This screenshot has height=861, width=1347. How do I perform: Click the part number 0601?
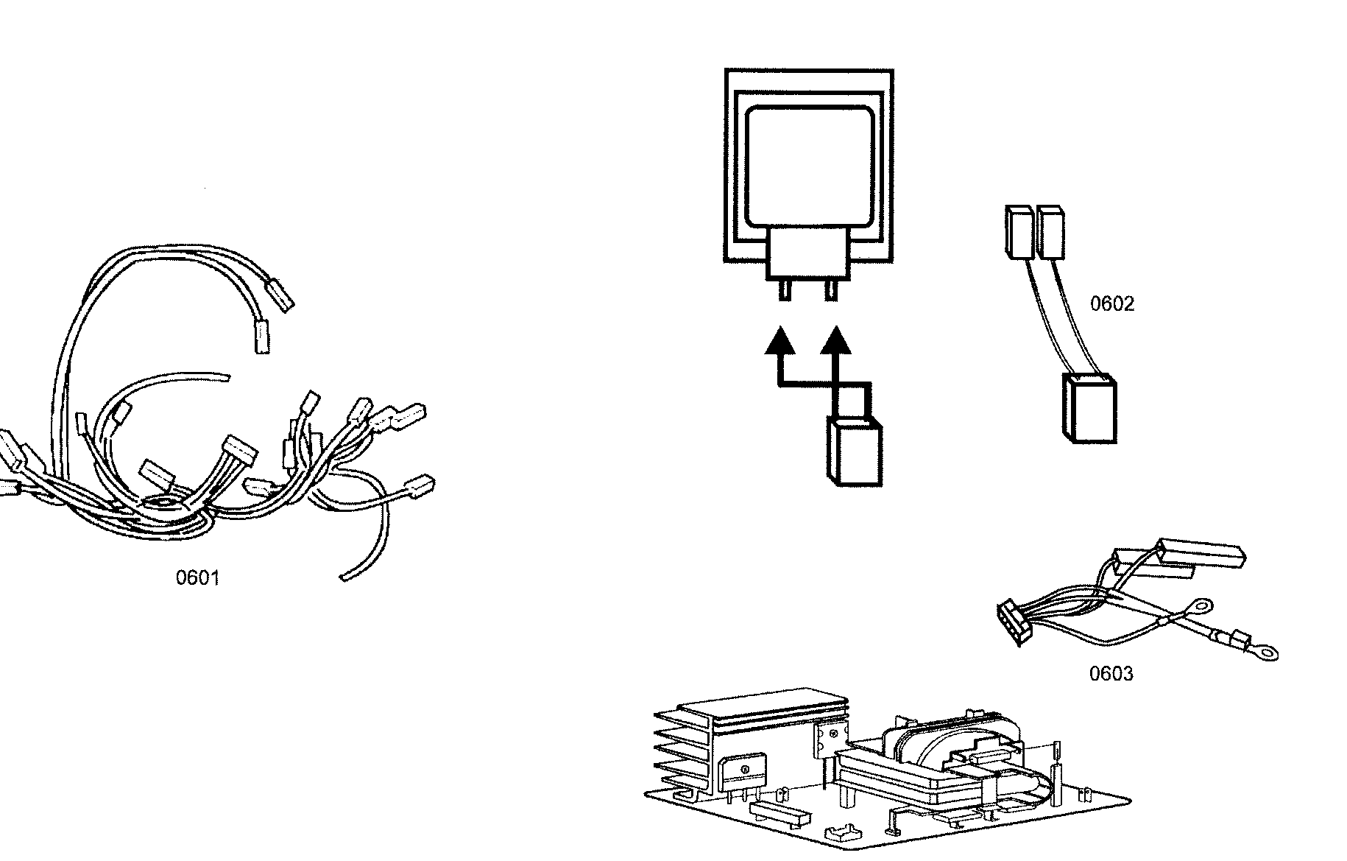click(x=197, y=578)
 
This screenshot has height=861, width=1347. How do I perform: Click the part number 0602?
click(x=1111, y=304)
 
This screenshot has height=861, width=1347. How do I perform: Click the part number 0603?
click(x=1111, y=674)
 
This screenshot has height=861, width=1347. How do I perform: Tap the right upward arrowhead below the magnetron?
click(x=835, y=342)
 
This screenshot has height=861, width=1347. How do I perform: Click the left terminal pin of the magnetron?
click(x=785, y=290)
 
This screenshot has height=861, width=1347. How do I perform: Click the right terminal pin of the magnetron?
click(x=831, y=290)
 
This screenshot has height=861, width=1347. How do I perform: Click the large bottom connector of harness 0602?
click(x=1090, y=410)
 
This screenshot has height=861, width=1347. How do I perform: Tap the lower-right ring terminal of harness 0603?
click(x=1266, y=652)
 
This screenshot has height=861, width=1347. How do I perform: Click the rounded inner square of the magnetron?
click(x=810, y=166)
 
